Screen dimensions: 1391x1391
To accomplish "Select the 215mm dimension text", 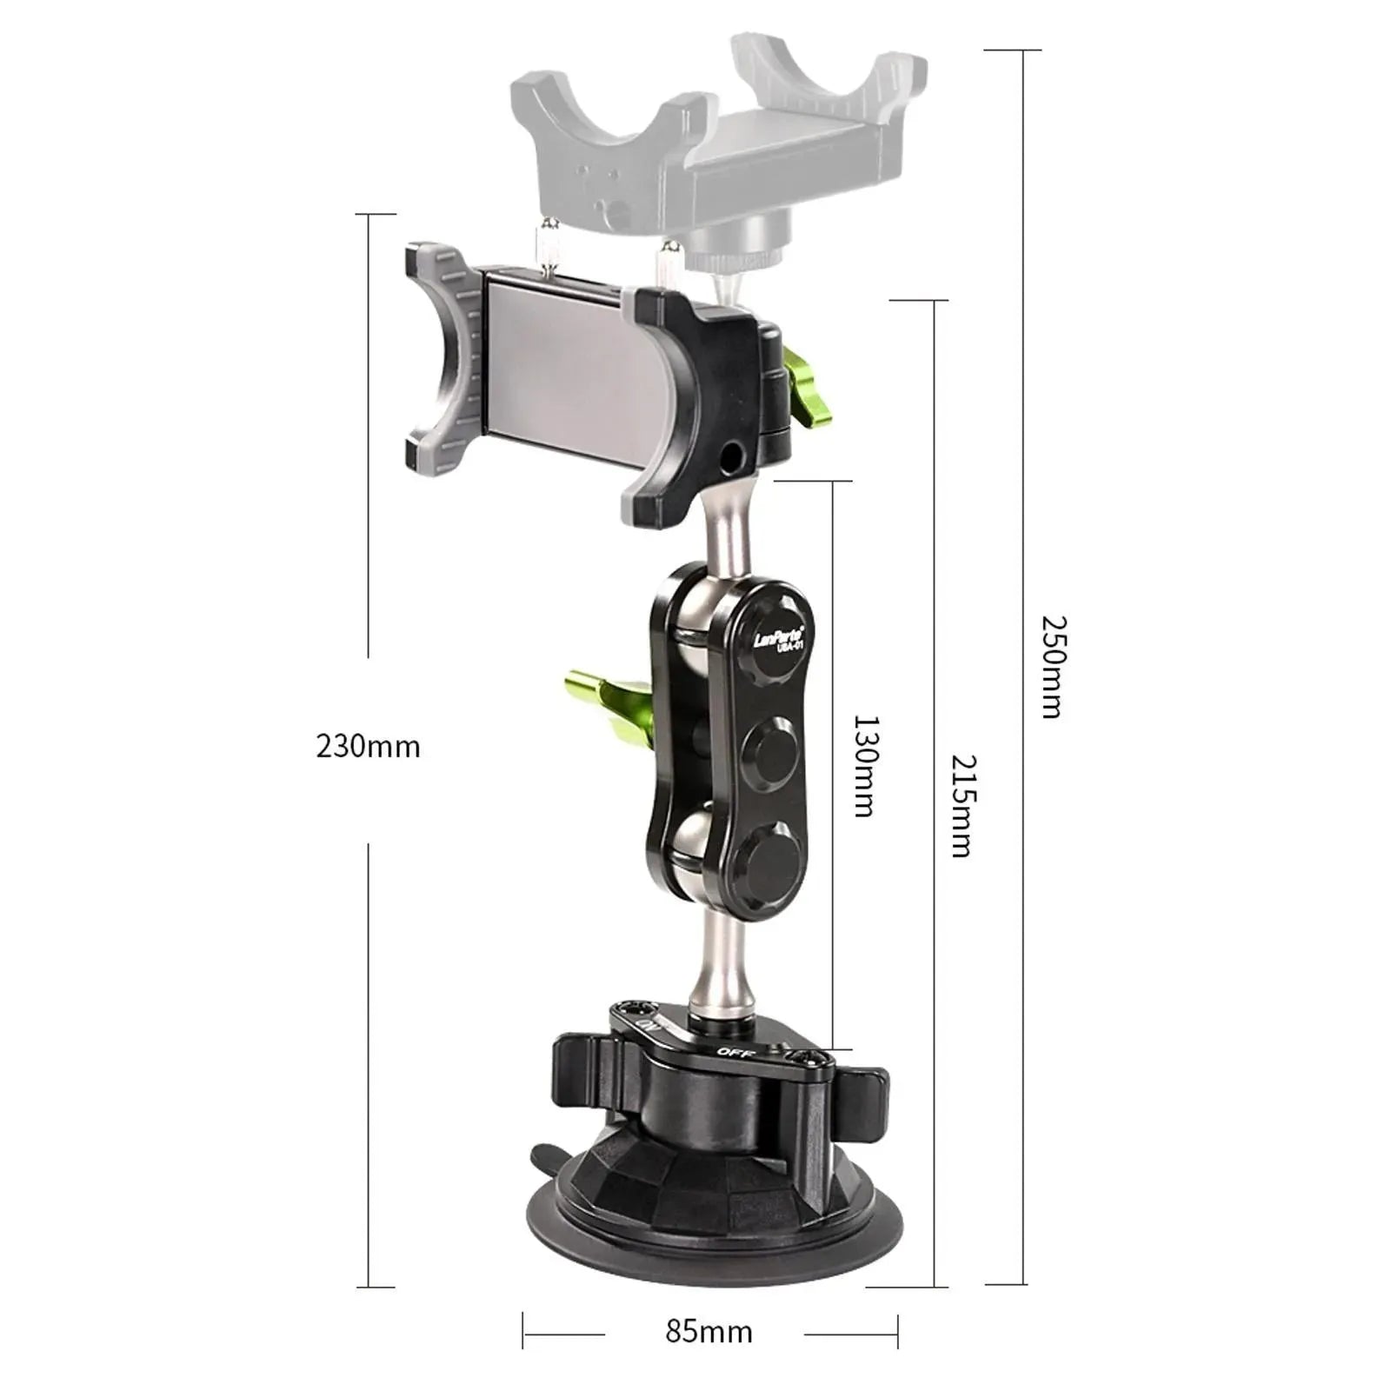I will tap(962, 805).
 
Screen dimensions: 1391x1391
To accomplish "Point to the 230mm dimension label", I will tap(368, 747).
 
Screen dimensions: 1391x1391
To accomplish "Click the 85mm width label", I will tap(709, 1332).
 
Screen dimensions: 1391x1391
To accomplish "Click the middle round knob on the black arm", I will tap(770, 756).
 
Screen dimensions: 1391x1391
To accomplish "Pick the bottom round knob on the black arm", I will tap(772, 864).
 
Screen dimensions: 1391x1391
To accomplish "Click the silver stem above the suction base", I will tap(718, 965).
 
